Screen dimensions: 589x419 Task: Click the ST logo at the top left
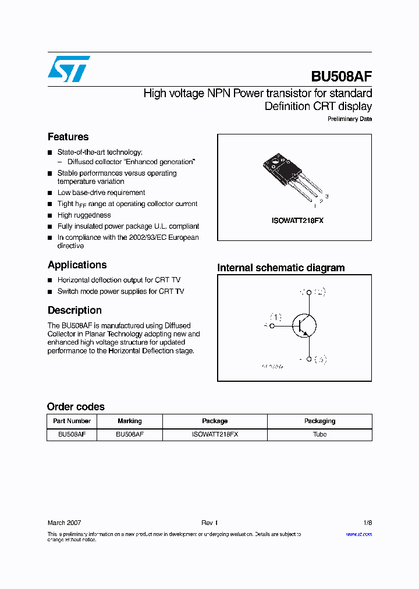click(x=69, y=69)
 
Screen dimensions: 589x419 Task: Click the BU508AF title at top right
click(x=342, y=76)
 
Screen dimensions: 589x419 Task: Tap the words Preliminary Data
click(x=349, y=119)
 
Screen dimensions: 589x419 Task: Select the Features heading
click(x=68, y=137)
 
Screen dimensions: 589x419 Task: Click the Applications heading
click(x=77, y=265)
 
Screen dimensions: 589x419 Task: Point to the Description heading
click(x=74, y=310)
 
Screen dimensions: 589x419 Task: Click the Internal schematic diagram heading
click(x=280, y=268)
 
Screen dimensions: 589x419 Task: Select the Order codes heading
click(x=76, y=407)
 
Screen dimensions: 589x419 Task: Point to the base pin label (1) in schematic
click(x=275, y=317)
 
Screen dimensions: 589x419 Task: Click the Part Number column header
click(x=72, y=421)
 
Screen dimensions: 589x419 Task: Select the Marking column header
click(x=129, y=421)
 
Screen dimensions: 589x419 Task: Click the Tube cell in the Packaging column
click(x=319, y=434)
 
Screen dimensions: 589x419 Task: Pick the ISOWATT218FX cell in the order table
click(x=215, y=434)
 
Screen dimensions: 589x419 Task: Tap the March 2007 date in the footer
click(x=64, y=523)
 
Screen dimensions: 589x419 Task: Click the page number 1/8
click(x=367, y=523)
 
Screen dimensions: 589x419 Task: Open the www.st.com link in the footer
click(x=358, y=534)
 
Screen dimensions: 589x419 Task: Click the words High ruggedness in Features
click(x=84, y=215)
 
